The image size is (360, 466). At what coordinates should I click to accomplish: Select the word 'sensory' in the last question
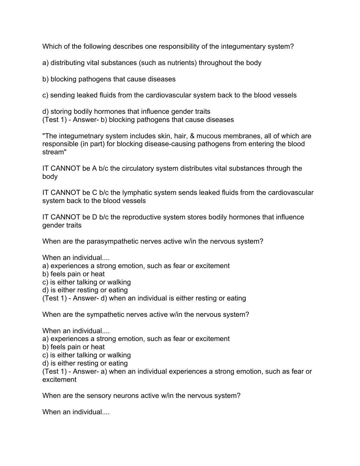point(99,396)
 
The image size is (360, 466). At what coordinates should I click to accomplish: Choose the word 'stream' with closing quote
point(54,152)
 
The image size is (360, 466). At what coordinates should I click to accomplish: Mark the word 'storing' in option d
point(61,112)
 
